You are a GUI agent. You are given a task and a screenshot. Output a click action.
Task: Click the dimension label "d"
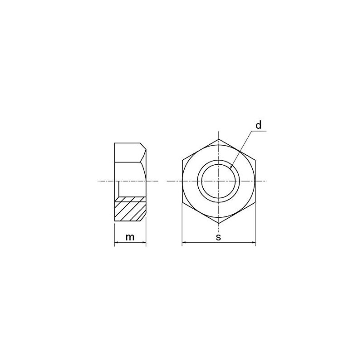click(258, 125)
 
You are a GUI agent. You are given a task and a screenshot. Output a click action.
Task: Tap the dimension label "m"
click(130, 237)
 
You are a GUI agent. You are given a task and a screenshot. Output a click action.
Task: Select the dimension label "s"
click(218, 237)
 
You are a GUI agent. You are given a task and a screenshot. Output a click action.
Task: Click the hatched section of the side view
click(130, 210)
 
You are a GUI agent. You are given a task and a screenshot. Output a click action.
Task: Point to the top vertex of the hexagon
click(219, 139)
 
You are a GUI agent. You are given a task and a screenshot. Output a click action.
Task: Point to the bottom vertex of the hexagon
click(219, 223)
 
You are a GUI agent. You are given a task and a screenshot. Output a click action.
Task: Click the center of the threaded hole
click(219, 181)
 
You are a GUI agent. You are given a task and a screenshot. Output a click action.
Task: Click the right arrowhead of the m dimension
click(145, 244)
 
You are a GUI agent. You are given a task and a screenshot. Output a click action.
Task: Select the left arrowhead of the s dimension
click(184, 244)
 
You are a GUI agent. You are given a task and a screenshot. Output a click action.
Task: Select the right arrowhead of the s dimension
click(254, 244)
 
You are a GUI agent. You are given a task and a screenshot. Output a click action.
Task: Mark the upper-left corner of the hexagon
click(182, 160)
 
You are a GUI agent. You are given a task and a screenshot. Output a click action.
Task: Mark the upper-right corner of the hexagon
click(255, 160)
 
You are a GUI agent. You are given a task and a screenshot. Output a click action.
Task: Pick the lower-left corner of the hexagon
click(182, 202)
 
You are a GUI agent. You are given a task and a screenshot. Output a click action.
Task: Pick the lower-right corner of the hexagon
click(255, 202)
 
